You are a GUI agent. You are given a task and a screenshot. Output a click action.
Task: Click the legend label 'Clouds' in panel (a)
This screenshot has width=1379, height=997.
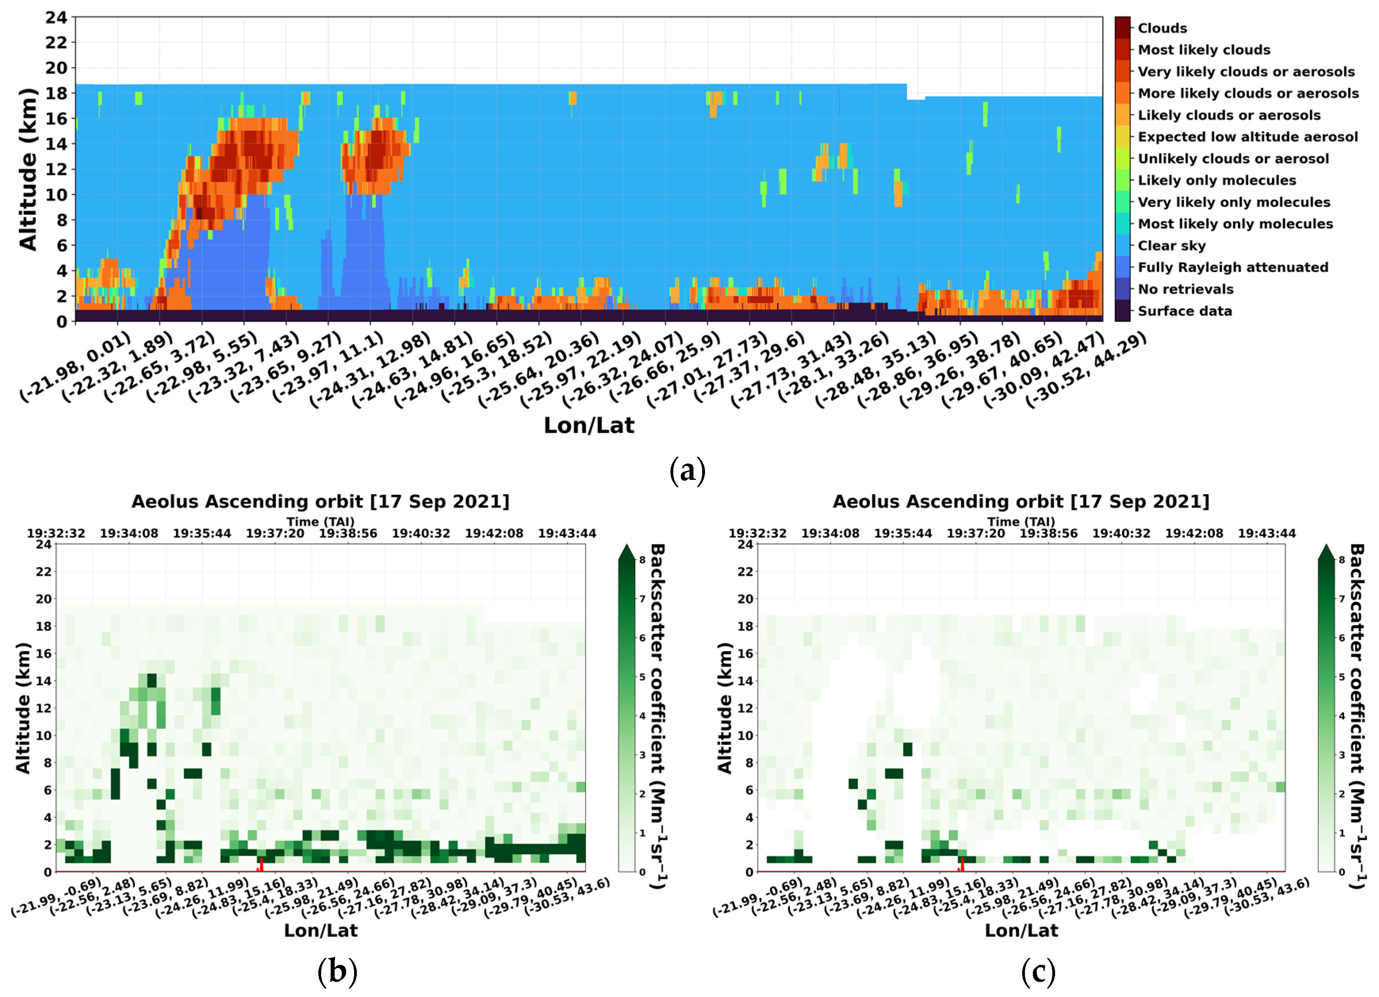point(1162,29)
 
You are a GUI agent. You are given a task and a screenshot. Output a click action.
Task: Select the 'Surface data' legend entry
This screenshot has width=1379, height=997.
point(1184,311)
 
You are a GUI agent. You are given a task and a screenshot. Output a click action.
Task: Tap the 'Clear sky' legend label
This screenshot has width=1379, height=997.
point(1172,246)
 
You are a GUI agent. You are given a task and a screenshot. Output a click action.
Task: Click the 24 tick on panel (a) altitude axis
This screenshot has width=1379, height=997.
point(56,17)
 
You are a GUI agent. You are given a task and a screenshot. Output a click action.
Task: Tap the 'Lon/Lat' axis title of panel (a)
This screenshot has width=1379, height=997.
point(588,425)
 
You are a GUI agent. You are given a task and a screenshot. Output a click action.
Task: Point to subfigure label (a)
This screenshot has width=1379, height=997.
point(688,470)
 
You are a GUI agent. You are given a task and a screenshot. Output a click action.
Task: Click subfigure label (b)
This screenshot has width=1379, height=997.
point(337,972)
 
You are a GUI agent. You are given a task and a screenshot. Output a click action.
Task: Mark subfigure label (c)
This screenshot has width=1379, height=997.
point(1038,972)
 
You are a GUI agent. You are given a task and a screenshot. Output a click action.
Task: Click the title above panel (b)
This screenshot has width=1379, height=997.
point(320,501)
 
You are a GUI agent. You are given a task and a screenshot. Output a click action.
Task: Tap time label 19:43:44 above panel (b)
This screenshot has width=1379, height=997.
point(567,533)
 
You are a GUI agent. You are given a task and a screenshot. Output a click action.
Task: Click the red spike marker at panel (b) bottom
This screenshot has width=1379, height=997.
point(261,865)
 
